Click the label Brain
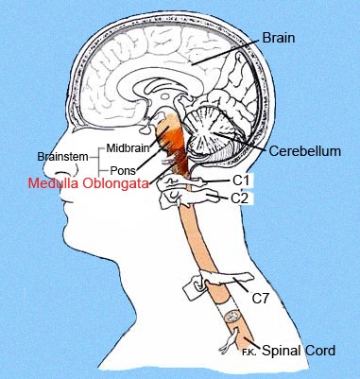[279, 38]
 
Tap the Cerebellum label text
[305, 151]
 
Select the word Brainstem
[62, 157]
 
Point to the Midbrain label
[128, 147]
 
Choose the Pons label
[123, 170]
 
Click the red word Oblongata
[114, 183]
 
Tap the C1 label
[241, 181]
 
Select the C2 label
[240, 198]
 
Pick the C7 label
[260, 299]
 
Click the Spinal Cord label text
[299, 351]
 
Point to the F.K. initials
[250, 353]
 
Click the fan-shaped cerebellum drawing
[209, 131]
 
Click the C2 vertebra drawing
[186, 199]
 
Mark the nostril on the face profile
[64, 173]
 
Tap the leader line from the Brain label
[227, 52]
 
